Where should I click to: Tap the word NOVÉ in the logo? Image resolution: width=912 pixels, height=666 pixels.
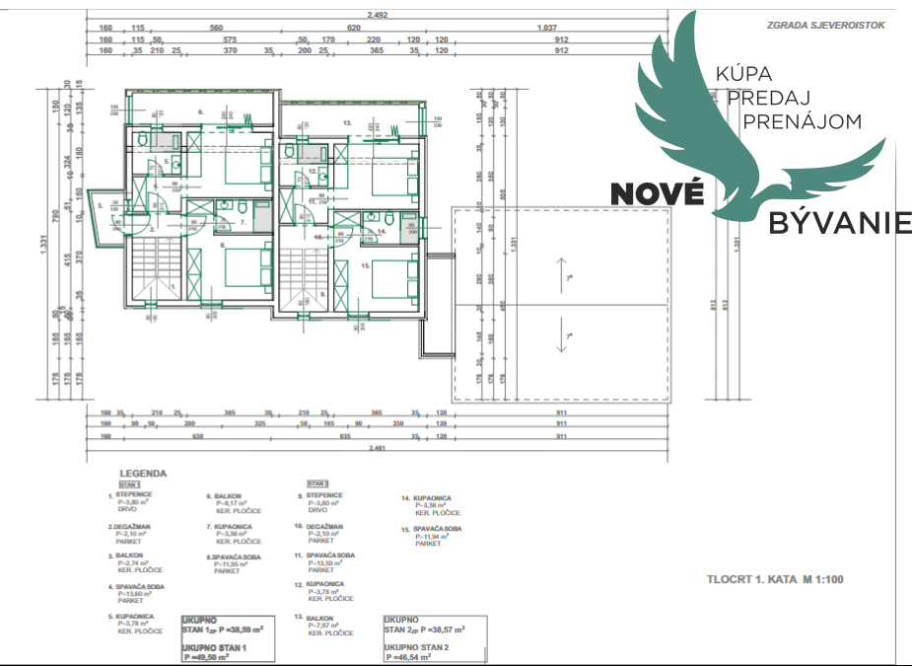[x=657, y=192]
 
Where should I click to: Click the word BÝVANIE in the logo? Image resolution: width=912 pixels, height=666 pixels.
[x=841, y=223]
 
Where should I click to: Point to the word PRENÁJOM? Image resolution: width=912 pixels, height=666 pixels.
[x=802, y=121]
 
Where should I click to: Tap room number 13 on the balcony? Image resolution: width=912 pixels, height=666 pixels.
[x=347, y=122]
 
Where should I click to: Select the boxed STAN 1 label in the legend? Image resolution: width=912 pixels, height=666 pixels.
[x=130, y=485]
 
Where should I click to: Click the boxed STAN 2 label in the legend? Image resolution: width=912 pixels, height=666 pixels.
[x=316, y=483]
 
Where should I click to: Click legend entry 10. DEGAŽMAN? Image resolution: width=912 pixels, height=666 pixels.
[x=324, y=527]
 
